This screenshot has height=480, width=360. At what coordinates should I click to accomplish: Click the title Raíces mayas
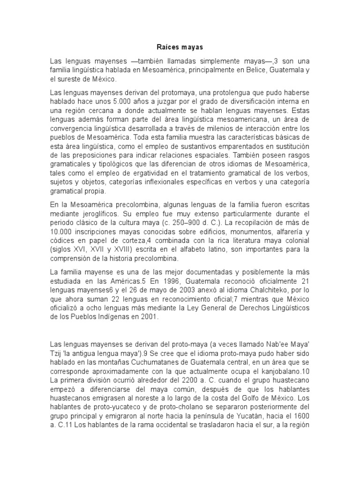(x=180, y=47)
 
